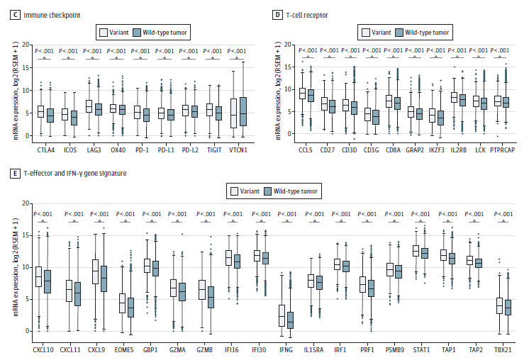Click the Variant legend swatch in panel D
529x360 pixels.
(366, 32)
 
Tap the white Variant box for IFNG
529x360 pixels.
(282, 315)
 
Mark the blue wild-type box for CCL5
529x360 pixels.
(310, 96)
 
